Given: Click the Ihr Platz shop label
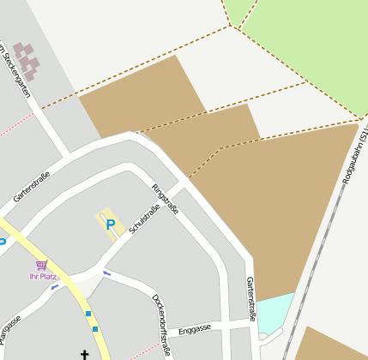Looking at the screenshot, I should [x=42, y=276].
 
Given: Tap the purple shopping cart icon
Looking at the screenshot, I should [x=41, y=266].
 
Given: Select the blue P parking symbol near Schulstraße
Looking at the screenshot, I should [x=110, y=225].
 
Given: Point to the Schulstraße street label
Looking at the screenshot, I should [x=144, y=219].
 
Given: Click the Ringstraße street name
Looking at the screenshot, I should [x=165, y=199].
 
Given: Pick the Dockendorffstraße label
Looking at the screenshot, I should [x=160, y=325].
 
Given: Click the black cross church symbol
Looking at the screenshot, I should [x=85, y=354].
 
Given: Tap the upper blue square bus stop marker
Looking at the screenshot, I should [x=87, y=315].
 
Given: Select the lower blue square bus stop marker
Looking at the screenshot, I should [x=95, y=328].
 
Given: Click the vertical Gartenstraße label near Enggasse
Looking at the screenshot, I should [x=251, y=298].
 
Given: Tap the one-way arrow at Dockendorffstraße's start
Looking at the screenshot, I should [x=106, y=273].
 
